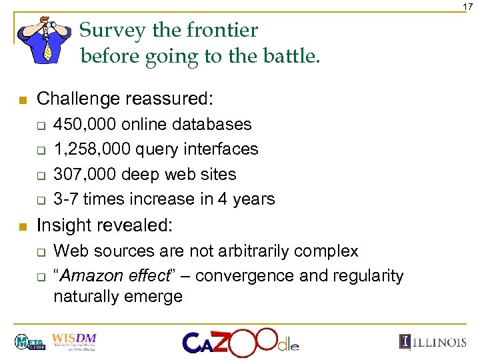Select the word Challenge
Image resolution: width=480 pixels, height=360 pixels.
[79, 99]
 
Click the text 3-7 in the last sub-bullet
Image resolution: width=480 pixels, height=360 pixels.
[65, 199]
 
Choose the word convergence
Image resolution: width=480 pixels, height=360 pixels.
[235, 275]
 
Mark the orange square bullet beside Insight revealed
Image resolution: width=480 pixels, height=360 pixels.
[21, 227]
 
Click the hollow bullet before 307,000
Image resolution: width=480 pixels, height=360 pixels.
[40, 175]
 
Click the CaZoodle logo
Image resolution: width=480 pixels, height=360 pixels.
[241, 341]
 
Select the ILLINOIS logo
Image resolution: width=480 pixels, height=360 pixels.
[433, 342]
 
